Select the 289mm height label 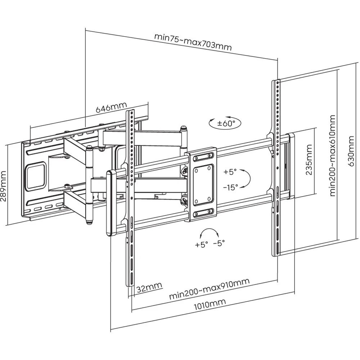click(x=4, y=186)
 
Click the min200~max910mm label click(x=209, y=289)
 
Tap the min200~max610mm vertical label click(x=332, y=156)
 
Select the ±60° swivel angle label click(x=226, y=123)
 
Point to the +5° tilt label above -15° click(x=230, y=172)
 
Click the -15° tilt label click(x=230, y=188)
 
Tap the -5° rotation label click(x=219, y=243)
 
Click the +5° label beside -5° click(x=201, y=244)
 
